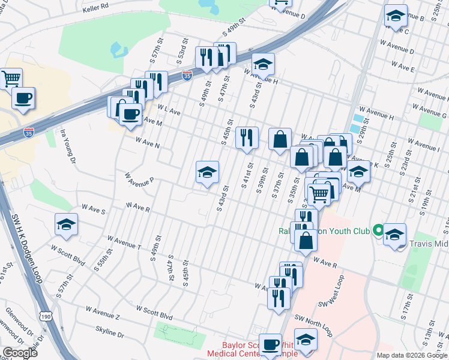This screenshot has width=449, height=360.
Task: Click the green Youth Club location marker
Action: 378,230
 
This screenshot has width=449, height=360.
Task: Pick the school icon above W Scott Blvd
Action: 66,224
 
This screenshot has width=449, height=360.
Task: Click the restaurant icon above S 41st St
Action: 247,137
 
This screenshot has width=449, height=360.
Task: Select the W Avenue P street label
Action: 139,179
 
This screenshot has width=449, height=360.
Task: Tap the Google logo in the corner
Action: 20,353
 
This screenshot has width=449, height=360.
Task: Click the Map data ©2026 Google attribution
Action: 412,355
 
